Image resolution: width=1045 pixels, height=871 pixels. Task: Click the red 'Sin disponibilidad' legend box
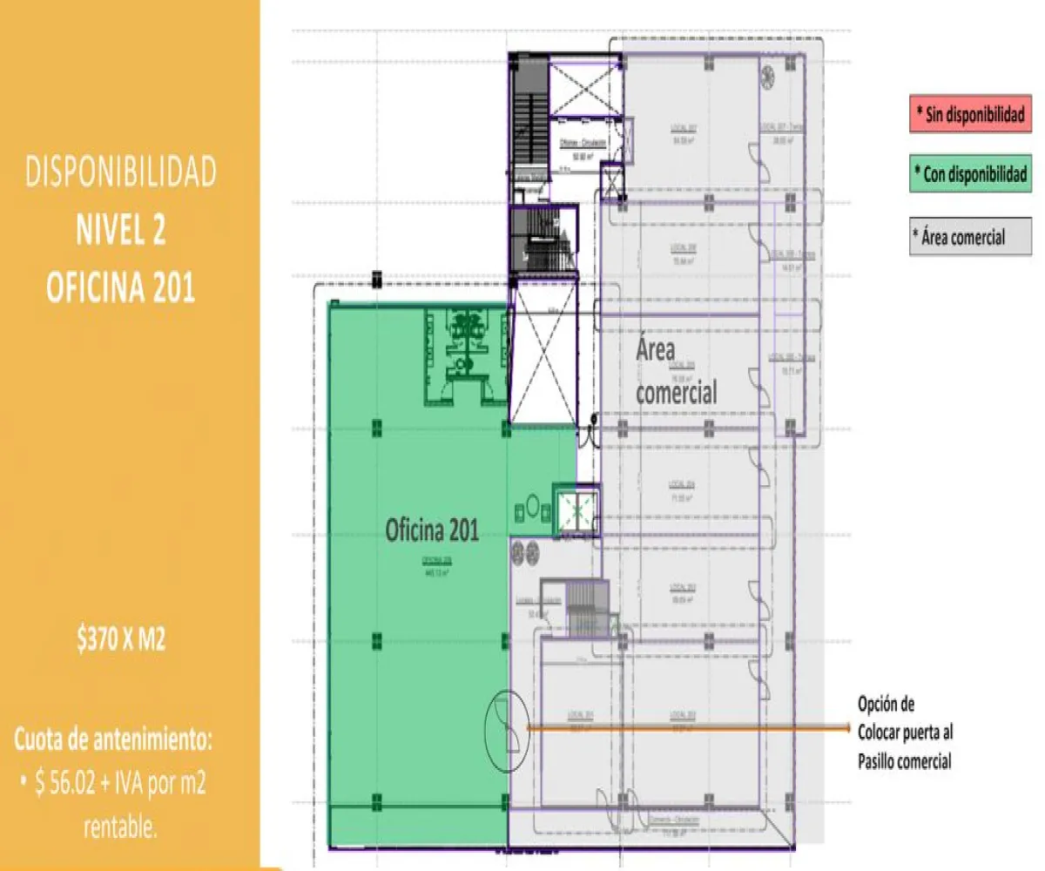coord(969,116)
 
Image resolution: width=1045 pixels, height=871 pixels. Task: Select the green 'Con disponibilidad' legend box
coord(969,175)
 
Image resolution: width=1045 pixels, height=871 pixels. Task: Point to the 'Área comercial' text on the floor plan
coord(675,373)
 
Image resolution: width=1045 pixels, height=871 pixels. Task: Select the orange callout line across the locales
coord(688,726)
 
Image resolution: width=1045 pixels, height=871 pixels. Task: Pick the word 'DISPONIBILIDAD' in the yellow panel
coord(120,173)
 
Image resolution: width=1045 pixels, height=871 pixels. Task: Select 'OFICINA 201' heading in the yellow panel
coord(120,288)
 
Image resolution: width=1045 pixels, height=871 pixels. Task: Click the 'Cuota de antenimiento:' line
coord(113,741)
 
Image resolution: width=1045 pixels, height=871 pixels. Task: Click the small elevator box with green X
coord(575,509)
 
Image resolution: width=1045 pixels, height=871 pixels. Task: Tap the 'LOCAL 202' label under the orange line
coord(682,714)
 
